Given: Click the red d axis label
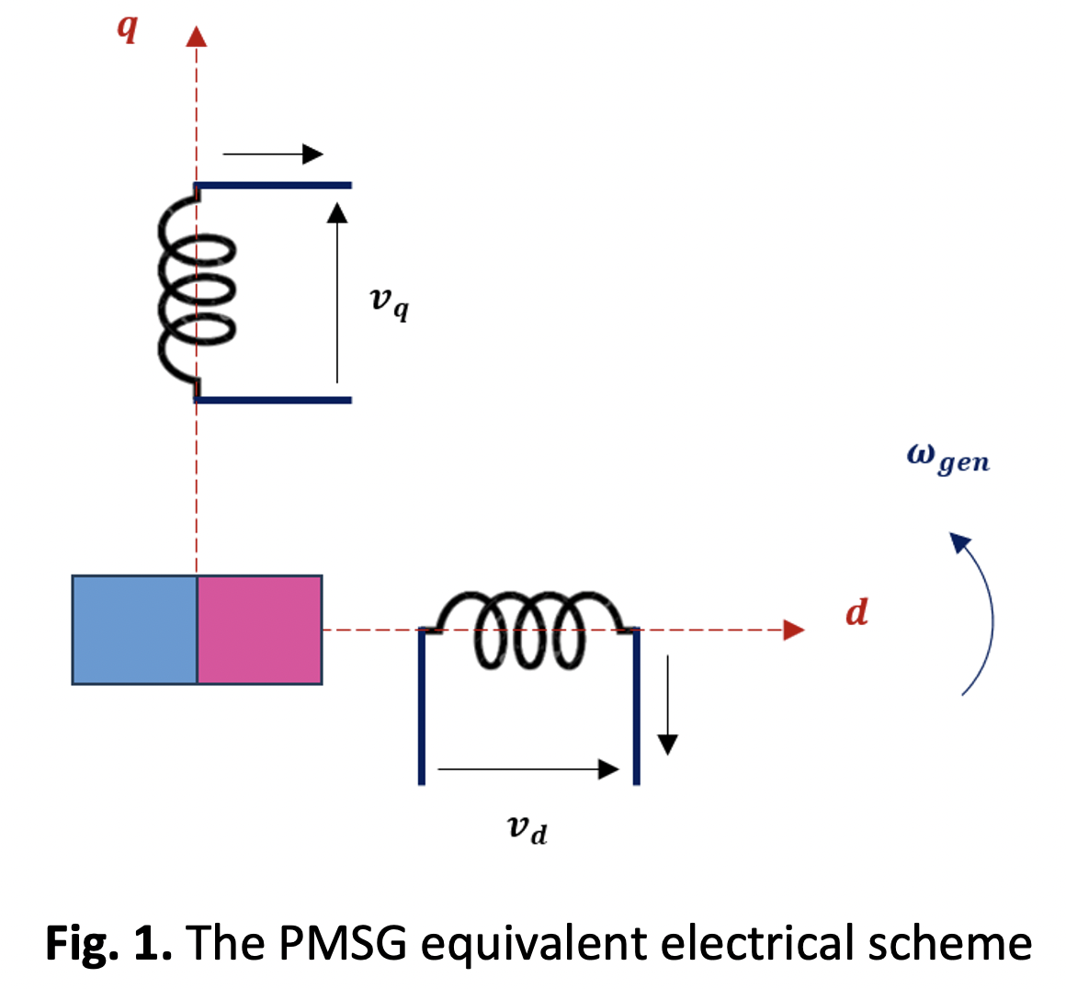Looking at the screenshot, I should (856, 612).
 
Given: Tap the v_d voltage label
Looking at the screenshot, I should (527, 829).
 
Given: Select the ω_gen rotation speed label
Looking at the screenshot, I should (947, 457).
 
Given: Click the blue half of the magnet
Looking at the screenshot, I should (134, 630).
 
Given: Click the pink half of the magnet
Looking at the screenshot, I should (259, 630).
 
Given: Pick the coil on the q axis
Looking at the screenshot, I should (196, 292).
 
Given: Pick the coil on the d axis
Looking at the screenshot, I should (529, 629).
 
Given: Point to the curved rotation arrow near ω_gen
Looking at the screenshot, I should (981, 611).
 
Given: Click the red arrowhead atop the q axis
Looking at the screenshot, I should (196, 36).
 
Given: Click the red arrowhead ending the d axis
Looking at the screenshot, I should (793, 630).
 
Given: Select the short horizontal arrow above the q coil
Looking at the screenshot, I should (273, 153).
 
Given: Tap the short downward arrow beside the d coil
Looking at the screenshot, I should (668, 704).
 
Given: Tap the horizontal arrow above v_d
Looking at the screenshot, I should (528, 769).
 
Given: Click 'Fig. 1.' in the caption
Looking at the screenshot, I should (108, 944).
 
